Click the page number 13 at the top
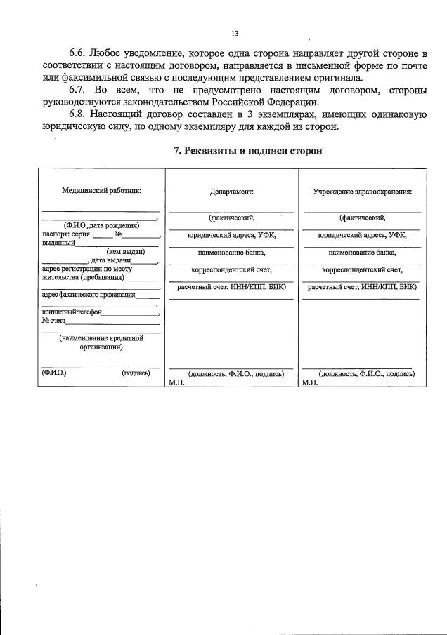click(x=235, y=33)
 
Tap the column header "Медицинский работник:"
click(x=101, y=190)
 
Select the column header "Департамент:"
click(x=231, y=191)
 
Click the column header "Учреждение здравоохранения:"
click(x=362, y=191)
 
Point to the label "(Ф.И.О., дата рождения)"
click(x=101, y=225)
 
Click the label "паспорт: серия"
click(x=66, y=234)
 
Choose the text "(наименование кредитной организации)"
click(x=101, y=342)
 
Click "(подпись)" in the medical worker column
click(x=136, y=373)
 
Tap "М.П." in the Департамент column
click(x=176, y=383)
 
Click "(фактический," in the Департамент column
click(x=231, y=218)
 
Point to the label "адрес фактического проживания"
click(x=89, y=295)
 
